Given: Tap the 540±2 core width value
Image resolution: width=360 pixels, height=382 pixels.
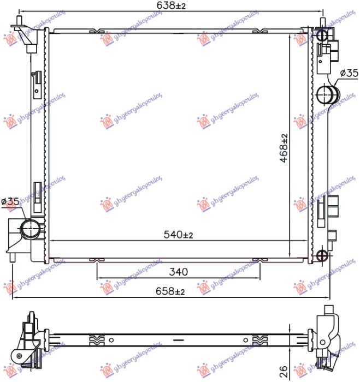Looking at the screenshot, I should point(178,235).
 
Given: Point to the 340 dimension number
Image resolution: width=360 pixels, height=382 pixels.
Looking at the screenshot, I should point(179,271).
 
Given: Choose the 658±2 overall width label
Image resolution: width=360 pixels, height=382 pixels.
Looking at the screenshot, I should point(171,292).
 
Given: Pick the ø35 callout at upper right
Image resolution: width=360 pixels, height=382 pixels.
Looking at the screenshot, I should point(348,73).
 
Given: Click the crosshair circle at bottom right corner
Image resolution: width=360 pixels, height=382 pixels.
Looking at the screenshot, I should point(323,254).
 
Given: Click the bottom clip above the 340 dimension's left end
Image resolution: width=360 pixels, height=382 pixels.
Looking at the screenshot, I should point(97,259).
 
